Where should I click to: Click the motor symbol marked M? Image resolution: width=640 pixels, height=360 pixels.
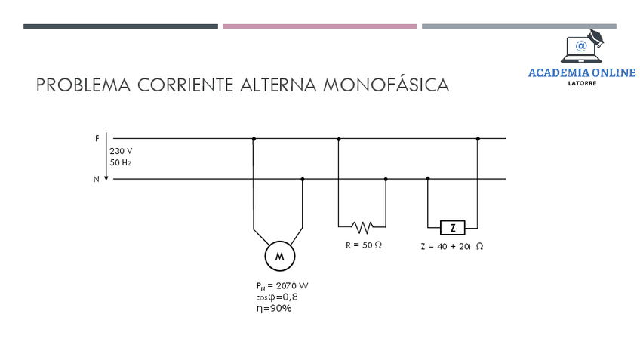click(x=279, y=257)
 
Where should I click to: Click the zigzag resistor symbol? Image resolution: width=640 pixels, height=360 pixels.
click(x=362, y=226)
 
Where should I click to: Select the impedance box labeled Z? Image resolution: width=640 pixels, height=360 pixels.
click(x=452, y=226)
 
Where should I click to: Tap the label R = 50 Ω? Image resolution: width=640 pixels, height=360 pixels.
click(x=363, y=245)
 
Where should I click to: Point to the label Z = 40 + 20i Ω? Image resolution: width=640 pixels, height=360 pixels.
click(x=451, y=246)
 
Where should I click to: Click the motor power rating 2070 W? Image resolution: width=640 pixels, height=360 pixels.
click(x=282, y=285)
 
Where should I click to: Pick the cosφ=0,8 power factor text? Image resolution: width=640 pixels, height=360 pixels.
click(x=276, y=297)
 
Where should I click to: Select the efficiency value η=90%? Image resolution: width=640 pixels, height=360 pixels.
click(x=274, y=308)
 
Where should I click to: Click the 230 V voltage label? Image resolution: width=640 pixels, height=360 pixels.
click(x=121, y=151)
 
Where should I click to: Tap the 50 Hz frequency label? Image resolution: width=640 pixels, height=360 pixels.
click(x=121, y=162)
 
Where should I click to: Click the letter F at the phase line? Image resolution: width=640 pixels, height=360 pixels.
click(x=97, y=139)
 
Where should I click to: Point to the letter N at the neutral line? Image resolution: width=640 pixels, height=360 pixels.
click(x=97, y=180)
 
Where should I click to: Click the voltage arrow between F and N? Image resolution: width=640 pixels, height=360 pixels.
click(x=107, y=159)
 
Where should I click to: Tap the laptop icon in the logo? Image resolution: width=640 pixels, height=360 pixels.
click(x=581, y=48)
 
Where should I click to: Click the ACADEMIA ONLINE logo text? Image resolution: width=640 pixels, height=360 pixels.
click(x=582, y=73)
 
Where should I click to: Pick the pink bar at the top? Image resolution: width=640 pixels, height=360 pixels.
click(x=319, y=26)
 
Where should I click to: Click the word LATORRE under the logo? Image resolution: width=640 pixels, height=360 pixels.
click(x=582, y=83)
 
